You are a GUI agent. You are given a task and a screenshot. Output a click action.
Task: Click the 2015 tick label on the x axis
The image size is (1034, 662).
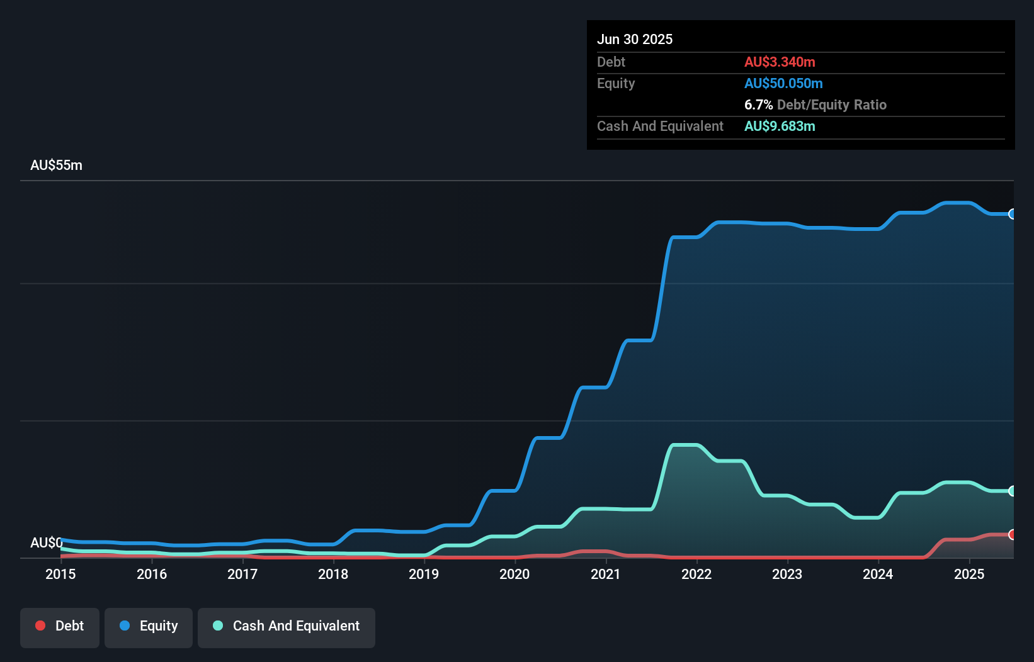tap(60, 574)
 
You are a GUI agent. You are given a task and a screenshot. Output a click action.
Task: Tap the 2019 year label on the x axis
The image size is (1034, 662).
tap(424, 574)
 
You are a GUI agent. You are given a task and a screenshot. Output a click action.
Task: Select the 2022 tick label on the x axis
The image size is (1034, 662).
tap(696, 574)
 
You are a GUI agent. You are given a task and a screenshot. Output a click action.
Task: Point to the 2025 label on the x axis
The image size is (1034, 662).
tap(969, 574)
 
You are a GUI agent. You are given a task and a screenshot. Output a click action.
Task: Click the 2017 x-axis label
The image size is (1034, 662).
tap(242, 574)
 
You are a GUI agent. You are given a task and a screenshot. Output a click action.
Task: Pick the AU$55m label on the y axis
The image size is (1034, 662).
tap(56, 165)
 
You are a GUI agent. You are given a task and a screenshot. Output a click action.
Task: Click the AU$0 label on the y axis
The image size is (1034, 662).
tap(46, 542)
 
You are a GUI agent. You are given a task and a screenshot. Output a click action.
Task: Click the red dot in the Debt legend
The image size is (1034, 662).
tap(40, 626)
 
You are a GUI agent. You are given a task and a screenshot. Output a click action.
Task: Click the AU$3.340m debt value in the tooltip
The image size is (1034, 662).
tap(780, 62)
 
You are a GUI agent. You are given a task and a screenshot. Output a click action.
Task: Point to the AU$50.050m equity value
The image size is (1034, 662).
tap(783, 84)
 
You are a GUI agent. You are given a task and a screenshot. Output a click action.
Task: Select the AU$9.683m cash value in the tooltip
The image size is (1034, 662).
tap(780, 126)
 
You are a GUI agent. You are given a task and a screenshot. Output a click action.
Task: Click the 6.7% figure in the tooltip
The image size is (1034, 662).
tap(758, 105)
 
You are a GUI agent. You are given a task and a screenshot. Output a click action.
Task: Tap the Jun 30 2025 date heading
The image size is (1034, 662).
tap(635, 40)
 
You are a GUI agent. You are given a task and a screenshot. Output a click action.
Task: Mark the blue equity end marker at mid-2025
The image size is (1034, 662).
tap(1012, 214)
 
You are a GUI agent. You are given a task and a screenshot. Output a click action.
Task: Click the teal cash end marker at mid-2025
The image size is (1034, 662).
tap(1012, 491)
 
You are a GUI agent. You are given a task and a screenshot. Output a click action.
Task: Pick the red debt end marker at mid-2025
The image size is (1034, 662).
tap(1012, 534)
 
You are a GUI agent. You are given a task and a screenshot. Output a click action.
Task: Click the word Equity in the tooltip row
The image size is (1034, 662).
tap(616, 84)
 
